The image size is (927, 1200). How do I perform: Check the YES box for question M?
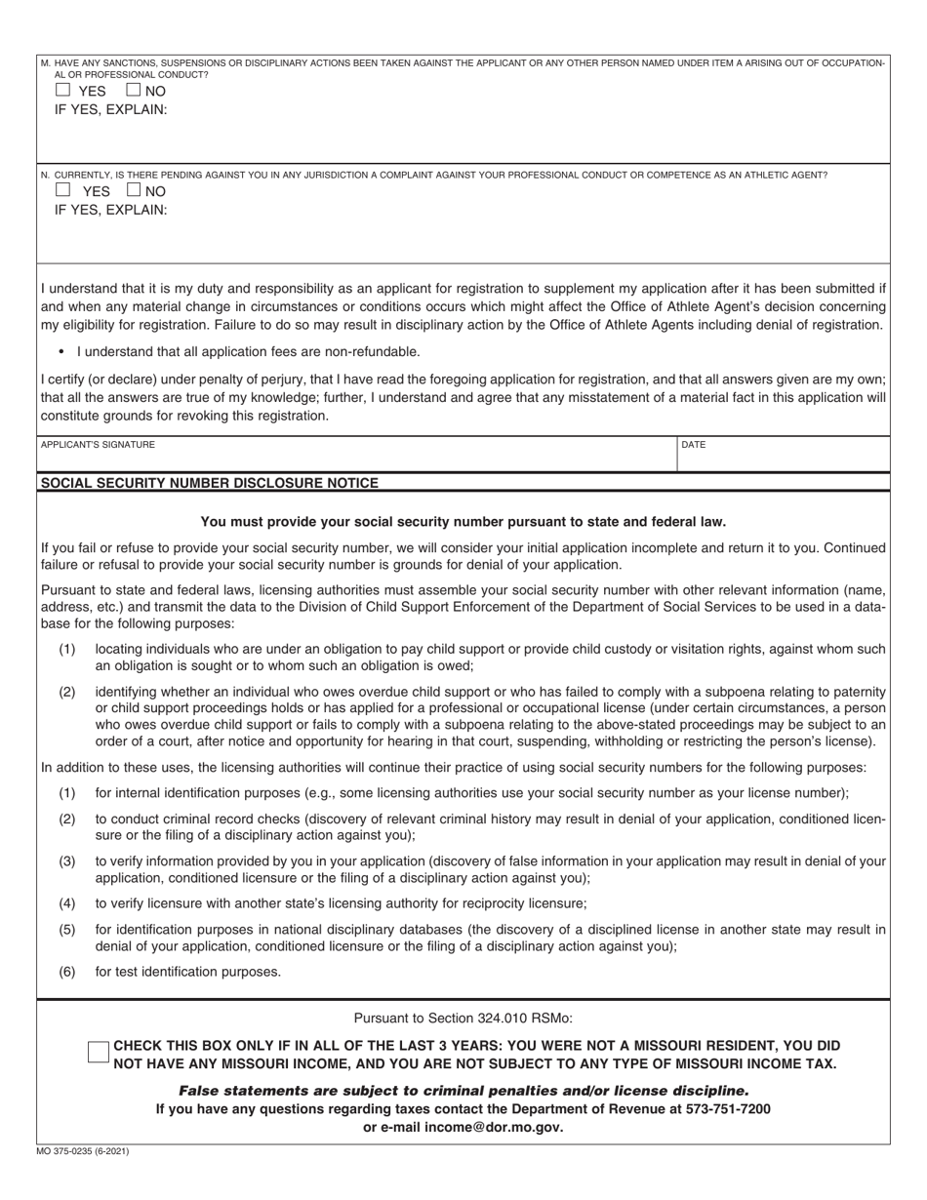coord(63,90)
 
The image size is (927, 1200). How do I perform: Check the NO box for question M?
coord(135,90)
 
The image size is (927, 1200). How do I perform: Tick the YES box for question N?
coord(63,190)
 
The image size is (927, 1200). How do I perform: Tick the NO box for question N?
coord(135,190)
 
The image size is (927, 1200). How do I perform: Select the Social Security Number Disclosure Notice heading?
coord(209,483)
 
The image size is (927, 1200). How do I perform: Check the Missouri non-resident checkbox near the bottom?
coord(99,1053)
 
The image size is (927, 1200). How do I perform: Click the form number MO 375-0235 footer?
coord(83,1151)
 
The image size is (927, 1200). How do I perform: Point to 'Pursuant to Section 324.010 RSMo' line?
coord(463,1018)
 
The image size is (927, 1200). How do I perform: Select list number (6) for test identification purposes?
coord(67,971)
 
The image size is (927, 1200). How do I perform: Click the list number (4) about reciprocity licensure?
coord(67,903)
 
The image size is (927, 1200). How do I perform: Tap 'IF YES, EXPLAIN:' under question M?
coord(110,109)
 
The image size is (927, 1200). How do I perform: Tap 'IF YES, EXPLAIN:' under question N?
coord(110,210)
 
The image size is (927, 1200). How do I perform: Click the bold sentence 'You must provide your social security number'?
coord(463,521)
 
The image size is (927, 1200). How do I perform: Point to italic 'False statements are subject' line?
coord(463,1091)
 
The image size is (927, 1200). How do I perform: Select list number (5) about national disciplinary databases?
coord(67,929)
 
